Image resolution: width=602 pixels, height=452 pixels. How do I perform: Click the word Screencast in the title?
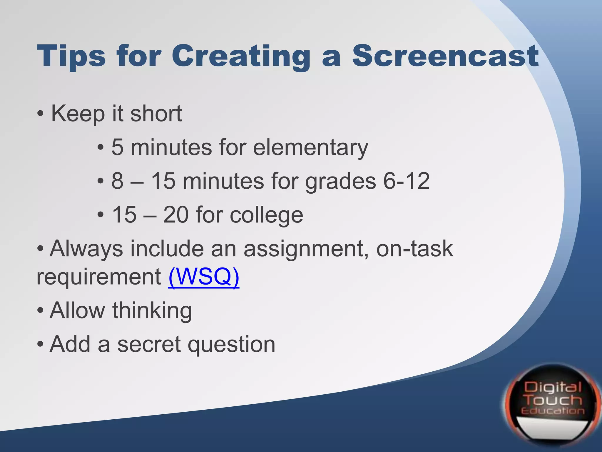[445, 56]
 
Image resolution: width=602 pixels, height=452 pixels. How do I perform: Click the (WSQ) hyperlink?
[204, 277]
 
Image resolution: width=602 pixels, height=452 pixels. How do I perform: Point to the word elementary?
[310, 147]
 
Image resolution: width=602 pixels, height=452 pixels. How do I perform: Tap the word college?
[266, 215]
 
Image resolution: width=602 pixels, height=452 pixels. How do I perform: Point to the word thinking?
[152, 311]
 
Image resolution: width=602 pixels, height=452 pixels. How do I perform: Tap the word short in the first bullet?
[156, 114]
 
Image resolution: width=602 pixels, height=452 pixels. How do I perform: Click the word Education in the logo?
[553, 411]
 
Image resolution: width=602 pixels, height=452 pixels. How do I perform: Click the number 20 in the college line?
[176, 215]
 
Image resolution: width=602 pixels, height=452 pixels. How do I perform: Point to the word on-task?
[414, 249]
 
